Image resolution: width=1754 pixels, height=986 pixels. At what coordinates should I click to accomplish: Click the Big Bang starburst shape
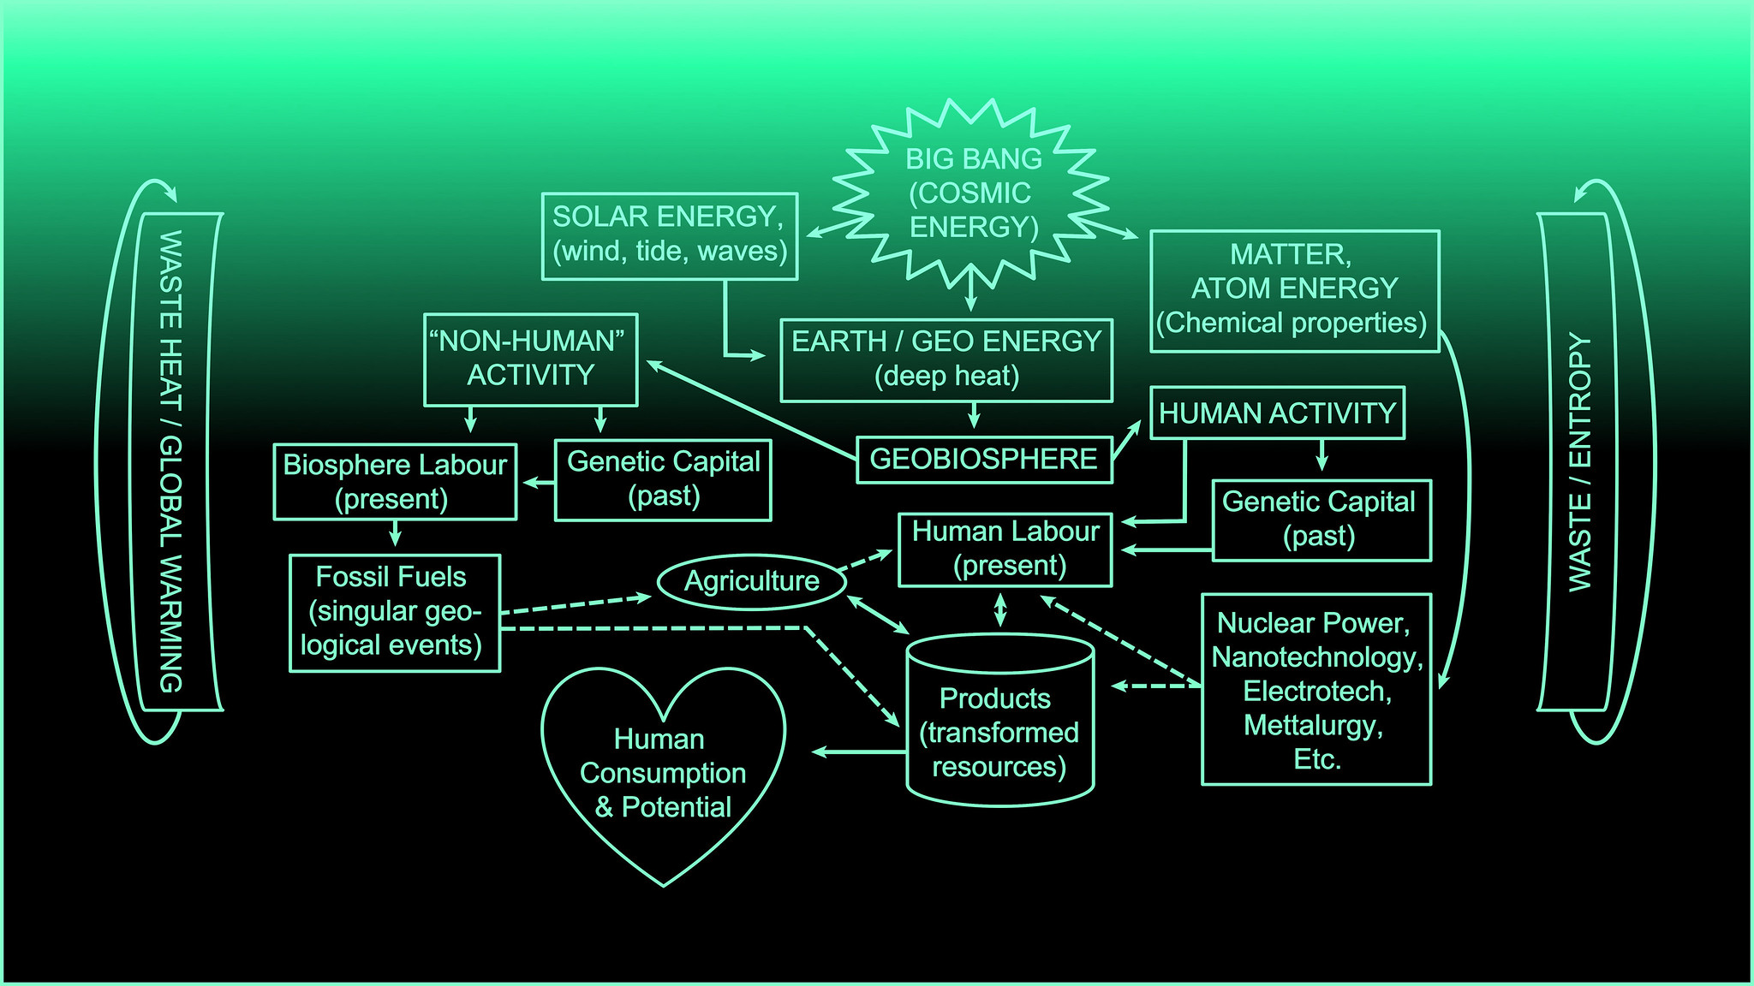(x=972, y=193)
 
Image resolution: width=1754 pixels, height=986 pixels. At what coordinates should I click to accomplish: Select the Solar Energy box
(x=670, y=235)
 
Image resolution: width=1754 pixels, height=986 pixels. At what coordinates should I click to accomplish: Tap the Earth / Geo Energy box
(x=946, y=359)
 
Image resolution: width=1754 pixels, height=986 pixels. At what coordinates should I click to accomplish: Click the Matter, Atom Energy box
(x=1294, y=290)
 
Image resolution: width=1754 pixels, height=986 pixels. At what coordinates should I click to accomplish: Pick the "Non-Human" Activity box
(x=531, y=359)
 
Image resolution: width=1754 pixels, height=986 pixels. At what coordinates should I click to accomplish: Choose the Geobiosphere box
(x=984, y=460)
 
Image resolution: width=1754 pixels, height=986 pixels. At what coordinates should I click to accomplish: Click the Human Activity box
(x=1277, y=413)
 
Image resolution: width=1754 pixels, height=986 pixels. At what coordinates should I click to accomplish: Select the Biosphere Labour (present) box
(x=395, y=481)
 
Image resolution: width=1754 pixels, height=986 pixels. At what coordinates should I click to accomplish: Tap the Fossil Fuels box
(x=394, y=612)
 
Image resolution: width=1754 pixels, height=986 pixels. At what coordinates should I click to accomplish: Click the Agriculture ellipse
(x=751, y=582)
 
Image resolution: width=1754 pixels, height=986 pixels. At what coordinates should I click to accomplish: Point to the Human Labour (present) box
(x=1005, y=549)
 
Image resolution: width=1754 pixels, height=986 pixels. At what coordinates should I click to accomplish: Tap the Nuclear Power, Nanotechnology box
(x=1316, y=689)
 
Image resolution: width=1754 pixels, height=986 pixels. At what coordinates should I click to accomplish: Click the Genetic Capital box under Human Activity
(x=1321, y=520)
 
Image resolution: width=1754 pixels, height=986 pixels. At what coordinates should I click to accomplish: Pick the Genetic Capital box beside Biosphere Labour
(x=663, y=479)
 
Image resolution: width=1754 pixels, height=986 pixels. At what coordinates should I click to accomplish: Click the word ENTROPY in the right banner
(x=1578, y=402)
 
